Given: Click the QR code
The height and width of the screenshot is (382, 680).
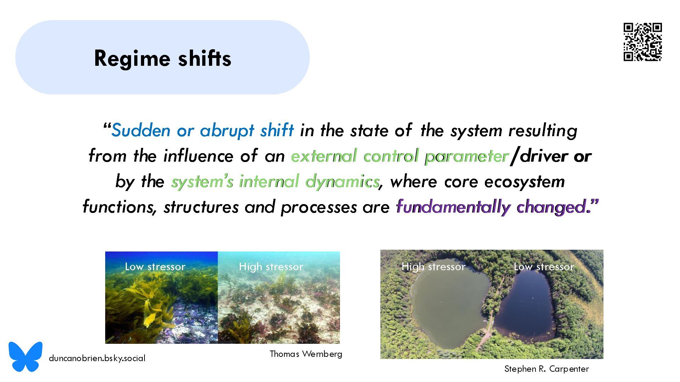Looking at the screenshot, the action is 643,42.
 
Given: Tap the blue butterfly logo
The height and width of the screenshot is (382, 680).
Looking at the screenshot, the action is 25,356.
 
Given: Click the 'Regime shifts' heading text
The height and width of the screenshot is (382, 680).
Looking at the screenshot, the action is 163,58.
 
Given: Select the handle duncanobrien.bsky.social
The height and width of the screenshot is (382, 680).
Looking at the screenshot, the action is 97,358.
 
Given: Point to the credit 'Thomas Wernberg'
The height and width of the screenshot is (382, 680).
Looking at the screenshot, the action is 306,354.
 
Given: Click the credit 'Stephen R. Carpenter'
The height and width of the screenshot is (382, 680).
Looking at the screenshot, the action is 546,369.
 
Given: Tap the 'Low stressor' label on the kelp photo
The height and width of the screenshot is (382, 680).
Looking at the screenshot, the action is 155,266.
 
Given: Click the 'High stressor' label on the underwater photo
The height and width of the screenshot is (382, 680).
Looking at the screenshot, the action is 271,266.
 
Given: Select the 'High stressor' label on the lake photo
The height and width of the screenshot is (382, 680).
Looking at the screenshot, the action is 433,266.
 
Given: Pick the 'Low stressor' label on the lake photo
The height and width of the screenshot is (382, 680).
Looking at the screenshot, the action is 544,266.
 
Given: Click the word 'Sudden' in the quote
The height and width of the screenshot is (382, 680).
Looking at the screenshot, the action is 141,130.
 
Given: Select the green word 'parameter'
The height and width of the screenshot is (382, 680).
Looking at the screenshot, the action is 467,156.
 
